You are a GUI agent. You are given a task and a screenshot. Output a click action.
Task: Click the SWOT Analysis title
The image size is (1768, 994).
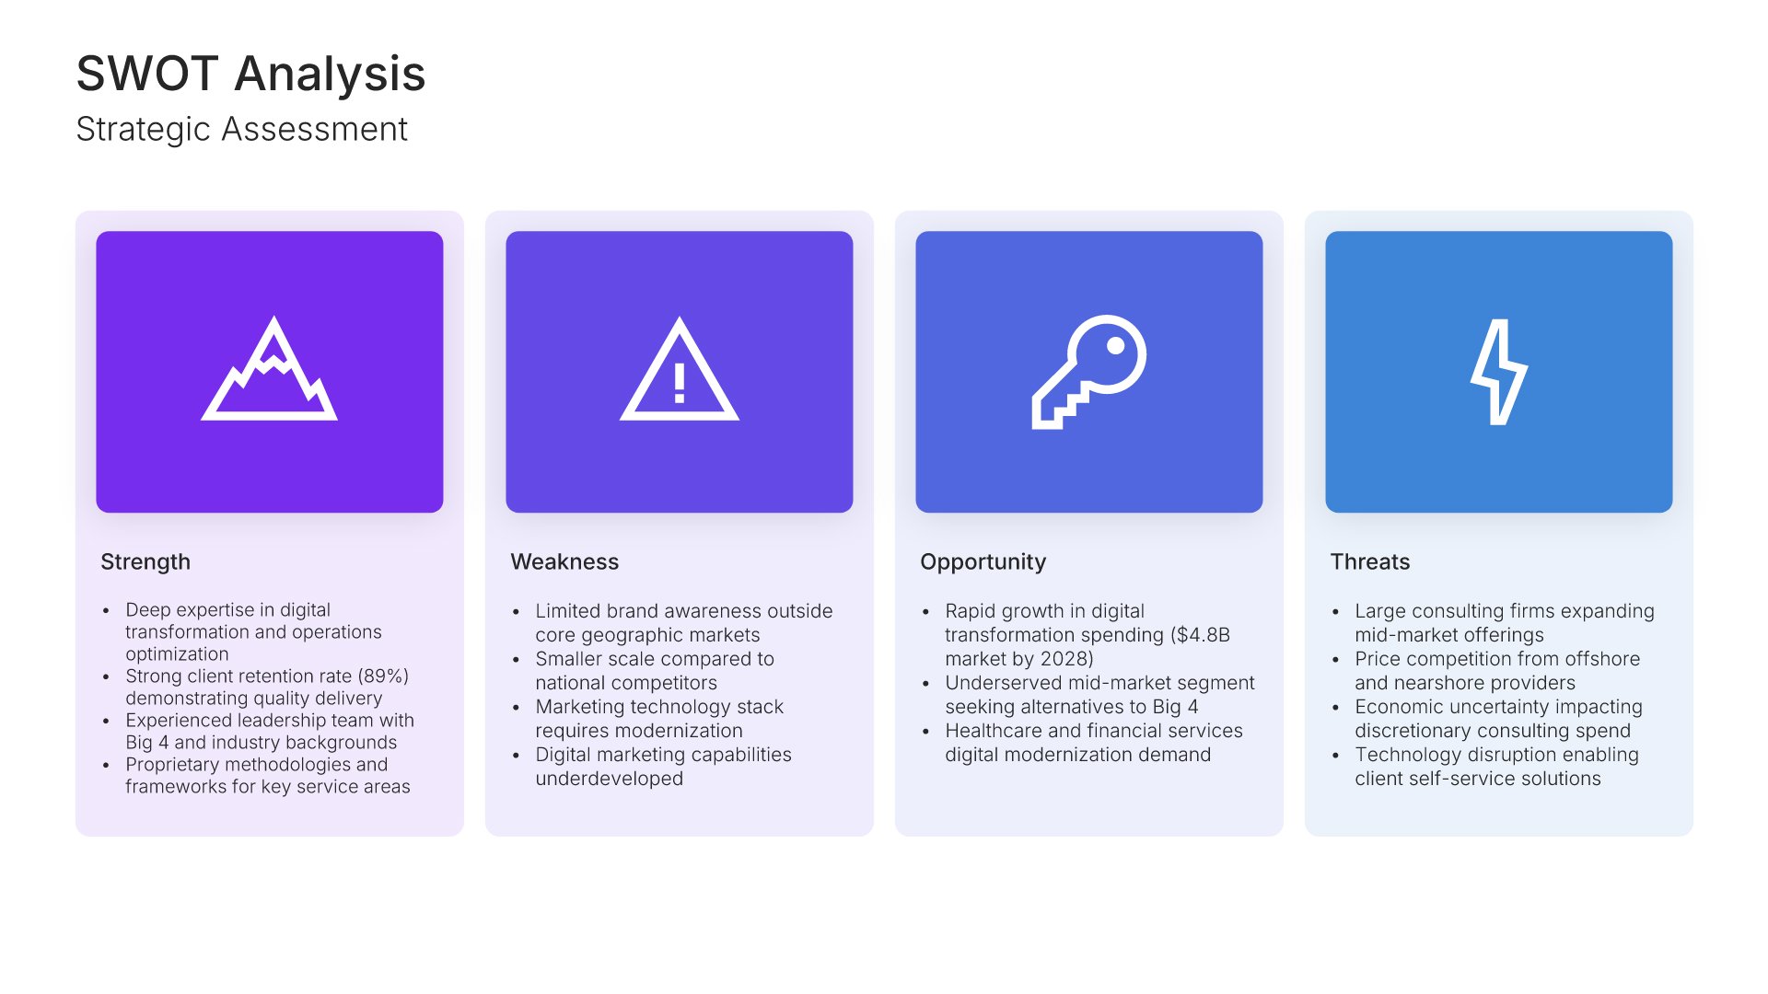coord(250,74)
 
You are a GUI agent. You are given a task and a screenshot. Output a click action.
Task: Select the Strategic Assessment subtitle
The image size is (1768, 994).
coord(241,129)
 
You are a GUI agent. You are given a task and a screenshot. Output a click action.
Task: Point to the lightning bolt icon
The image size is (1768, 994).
coord(1499,372)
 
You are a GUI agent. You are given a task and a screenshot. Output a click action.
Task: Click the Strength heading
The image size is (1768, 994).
coord(145,561)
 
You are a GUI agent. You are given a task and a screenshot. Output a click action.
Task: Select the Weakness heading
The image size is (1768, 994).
coord(564,561)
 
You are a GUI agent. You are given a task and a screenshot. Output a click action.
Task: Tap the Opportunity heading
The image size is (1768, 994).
coord(983,562)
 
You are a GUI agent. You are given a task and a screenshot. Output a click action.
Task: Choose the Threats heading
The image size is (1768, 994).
coord(1370,561)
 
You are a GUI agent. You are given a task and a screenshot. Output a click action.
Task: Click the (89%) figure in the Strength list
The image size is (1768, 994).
coord(383,676)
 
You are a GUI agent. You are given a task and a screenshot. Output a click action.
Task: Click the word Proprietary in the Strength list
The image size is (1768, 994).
coord(172,765)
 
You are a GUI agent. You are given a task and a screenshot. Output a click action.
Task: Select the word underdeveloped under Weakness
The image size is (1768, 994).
coord(610,779)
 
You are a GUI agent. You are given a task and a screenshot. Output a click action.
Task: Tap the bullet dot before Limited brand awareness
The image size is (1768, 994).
coord(516,612)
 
